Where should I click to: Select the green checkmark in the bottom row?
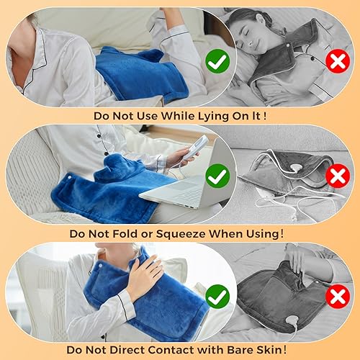216,295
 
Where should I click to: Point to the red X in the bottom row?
338,296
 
